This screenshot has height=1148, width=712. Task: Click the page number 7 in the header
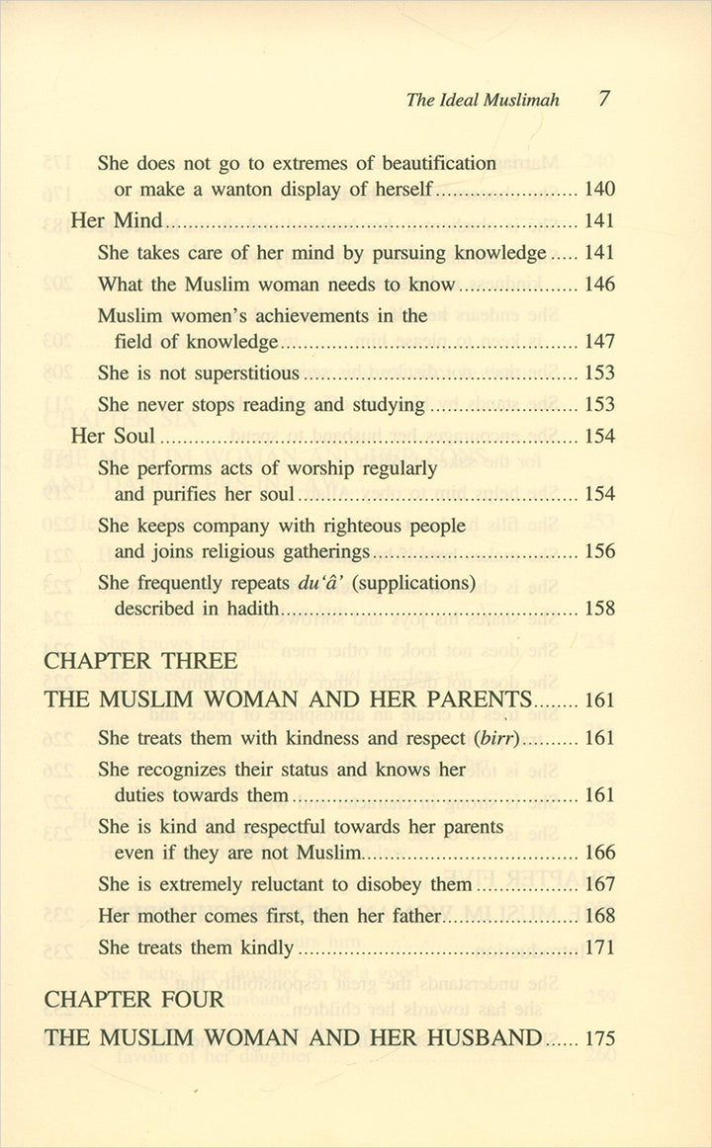[603, 99]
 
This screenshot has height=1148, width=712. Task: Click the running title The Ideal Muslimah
[484, 101]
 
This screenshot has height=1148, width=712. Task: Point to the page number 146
[599, 285]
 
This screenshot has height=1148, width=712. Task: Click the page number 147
[599, 342]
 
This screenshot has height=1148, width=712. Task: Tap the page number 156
[599, 551]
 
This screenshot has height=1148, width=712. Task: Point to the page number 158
[599, 609]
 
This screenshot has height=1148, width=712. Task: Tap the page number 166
[599, 853]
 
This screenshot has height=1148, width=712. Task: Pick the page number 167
[599, 884]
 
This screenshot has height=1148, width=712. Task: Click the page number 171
[599, 948]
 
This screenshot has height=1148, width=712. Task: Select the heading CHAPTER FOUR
[133, 999]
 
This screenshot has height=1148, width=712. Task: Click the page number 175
[599, 1040]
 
